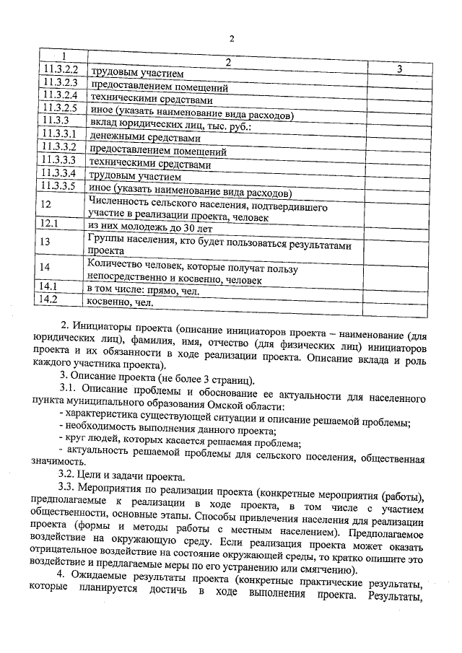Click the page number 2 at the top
tap(232, 38)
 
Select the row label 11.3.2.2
tap(61, 71)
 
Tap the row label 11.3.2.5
tap(61, 109)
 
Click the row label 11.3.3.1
tap(61, 134)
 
